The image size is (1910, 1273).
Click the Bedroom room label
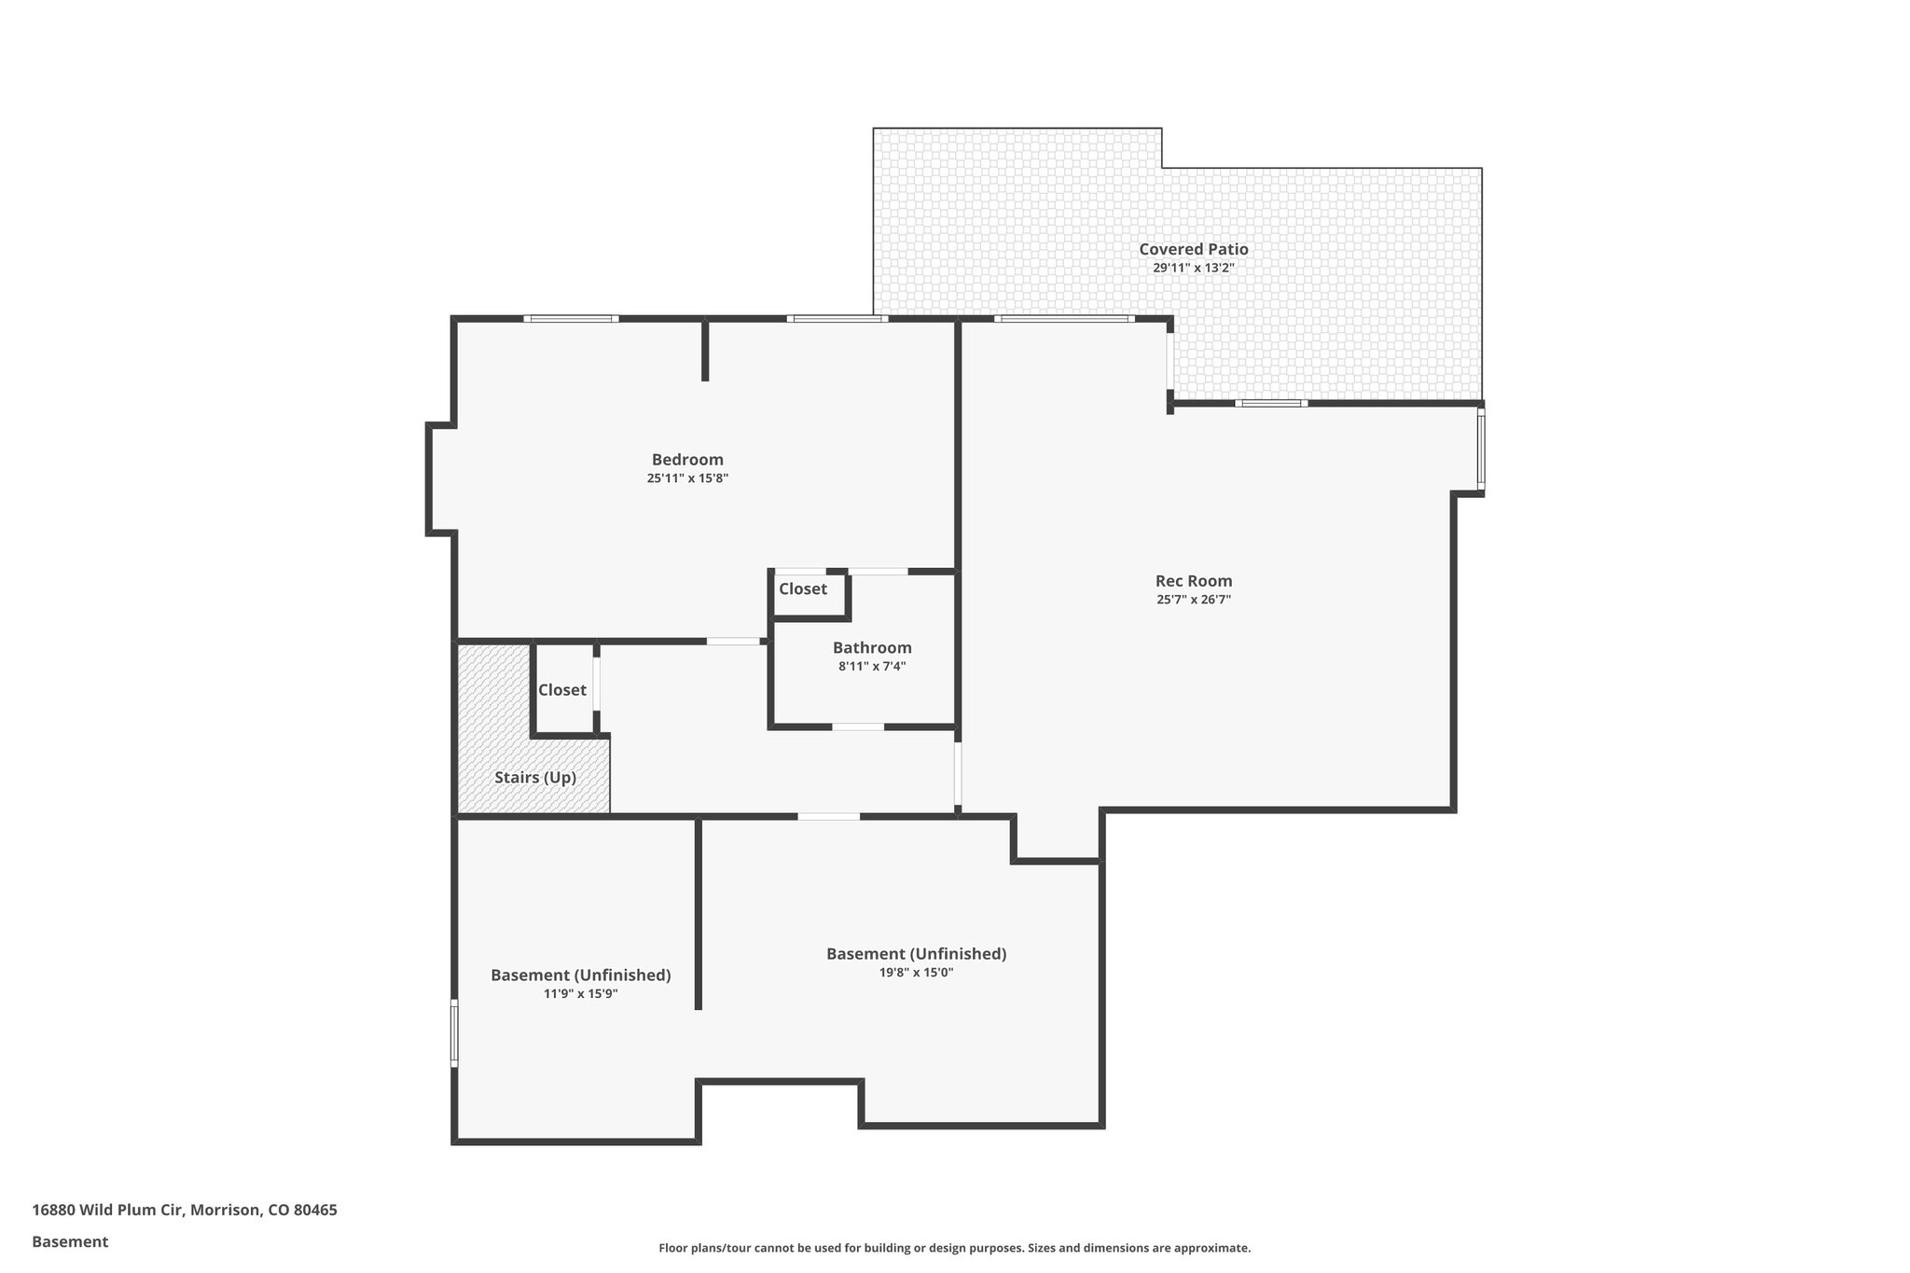(x=687, y=460)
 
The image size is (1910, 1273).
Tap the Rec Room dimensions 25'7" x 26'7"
(x=1194, y=600)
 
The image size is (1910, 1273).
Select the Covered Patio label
(x=1193, y=249)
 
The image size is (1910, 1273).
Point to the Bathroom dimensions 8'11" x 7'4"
(x=872, y=666)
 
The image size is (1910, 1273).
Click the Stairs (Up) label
(x=535, y=777)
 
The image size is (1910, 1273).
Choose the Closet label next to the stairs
(x=562, y=690)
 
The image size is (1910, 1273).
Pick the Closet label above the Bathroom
(x=803, y=589)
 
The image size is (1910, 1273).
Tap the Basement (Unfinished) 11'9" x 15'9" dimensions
(x=581, y=993)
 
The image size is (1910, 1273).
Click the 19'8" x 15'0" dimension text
(x=916, y=972)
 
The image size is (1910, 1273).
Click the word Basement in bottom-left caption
(x=70, y=1241)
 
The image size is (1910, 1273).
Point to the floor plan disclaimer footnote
(x=954, y=1248)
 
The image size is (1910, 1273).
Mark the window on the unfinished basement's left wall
(x=454, y=1032)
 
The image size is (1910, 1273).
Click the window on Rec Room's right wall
(x=1481, y=451)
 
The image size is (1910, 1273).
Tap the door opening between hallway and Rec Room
(x=958, y=773)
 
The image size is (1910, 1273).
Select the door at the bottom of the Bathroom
(x=858, y=726)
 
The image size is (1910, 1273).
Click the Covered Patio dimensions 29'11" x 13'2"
(x=1193, y=268)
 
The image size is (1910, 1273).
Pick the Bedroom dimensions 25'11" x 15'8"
(x=687, y=478)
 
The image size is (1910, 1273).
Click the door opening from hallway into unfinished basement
(x=828, y=817)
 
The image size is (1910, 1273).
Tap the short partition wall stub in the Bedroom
(x=705, y=351)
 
